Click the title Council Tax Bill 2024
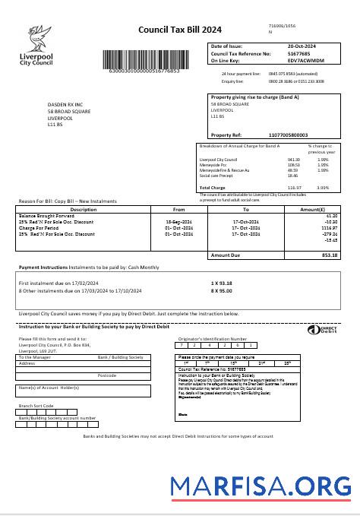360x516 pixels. pos(179,30)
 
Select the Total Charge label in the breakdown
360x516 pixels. pos(213,187)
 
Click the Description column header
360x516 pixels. pos(83,209)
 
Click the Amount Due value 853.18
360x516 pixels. pos(330,255)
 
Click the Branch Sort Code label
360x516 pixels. pos(36,406)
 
